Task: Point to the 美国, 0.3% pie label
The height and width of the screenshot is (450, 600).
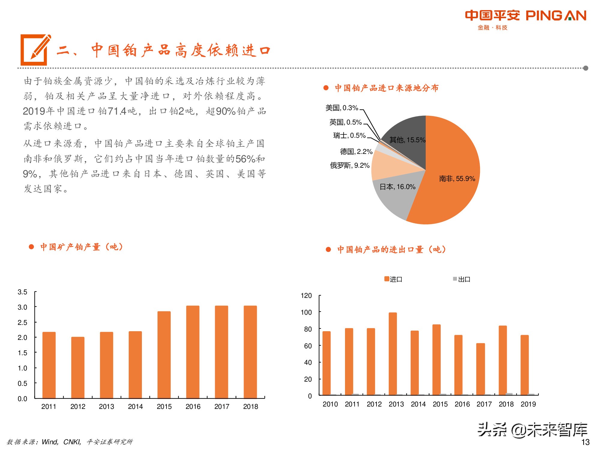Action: point(342,108)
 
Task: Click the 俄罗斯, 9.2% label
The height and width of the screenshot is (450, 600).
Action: point(349,165)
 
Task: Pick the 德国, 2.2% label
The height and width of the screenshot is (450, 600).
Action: point(356,151)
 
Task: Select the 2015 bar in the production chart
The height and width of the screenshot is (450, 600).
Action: point(164,354)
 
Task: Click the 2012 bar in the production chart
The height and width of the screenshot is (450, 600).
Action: point(78,367)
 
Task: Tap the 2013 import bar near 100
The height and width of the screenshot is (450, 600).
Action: point(393,354)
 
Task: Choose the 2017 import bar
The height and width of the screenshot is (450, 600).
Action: point(480,369)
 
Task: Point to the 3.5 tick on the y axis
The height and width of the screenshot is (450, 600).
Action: point(22,292)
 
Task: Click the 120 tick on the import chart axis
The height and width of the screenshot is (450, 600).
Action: point(306,296)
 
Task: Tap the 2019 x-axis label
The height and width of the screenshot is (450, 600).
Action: point(528,404)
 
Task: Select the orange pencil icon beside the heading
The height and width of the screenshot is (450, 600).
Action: point(35,49)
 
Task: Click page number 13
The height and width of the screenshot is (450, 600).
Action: point(585,442)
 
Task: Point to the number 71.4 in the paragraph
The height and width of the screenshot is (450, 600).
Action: point(117,111)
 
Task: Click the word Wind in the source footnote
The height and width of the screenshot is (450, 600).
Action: point(50,442)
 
